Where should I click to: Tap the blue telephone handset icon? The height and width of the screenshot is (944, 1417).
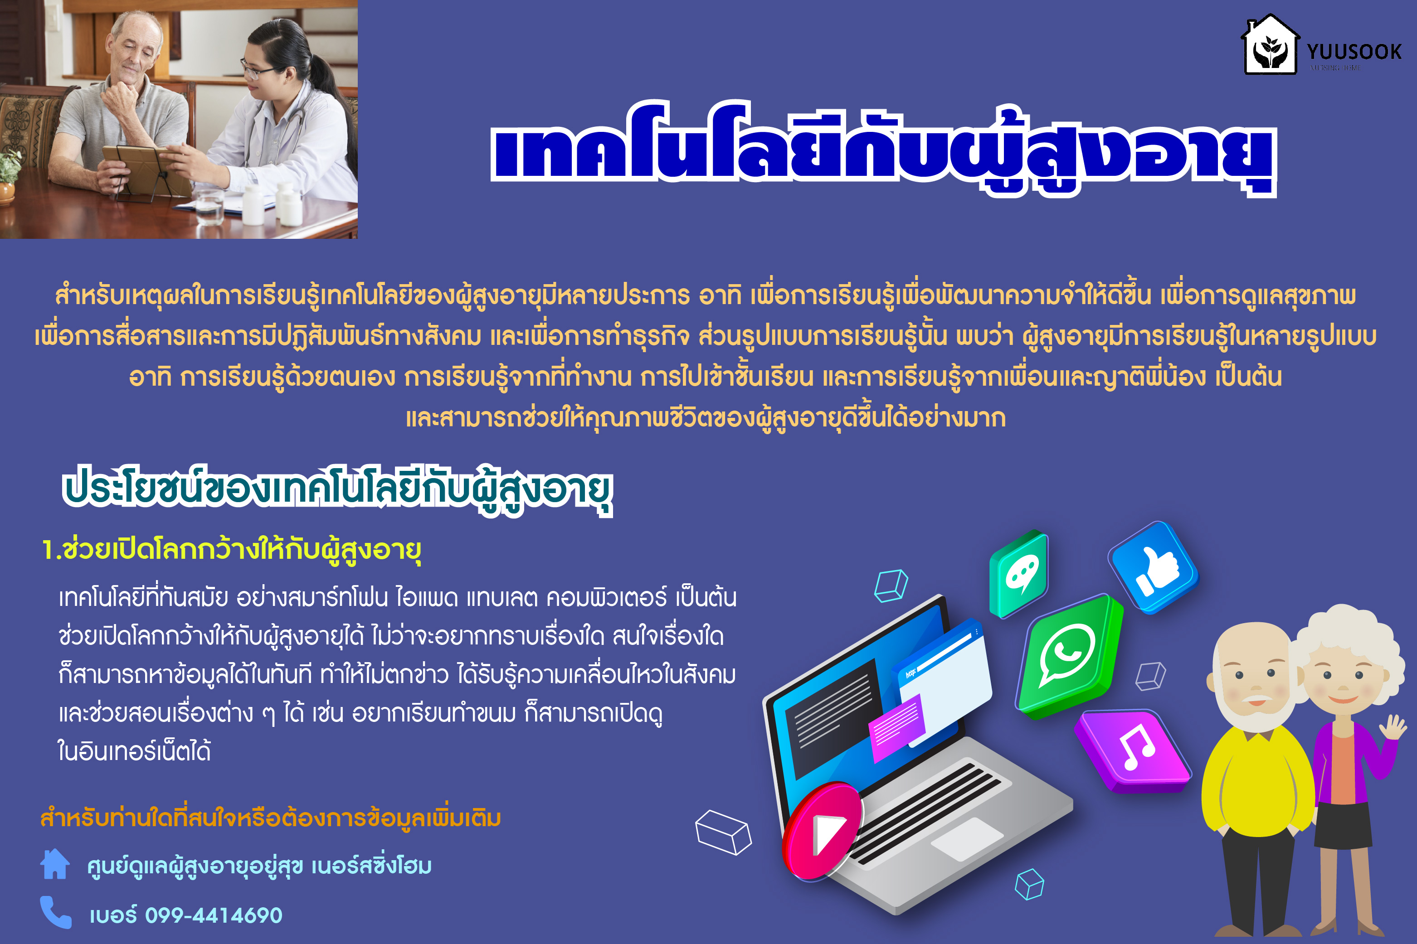tap(55, 912)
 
